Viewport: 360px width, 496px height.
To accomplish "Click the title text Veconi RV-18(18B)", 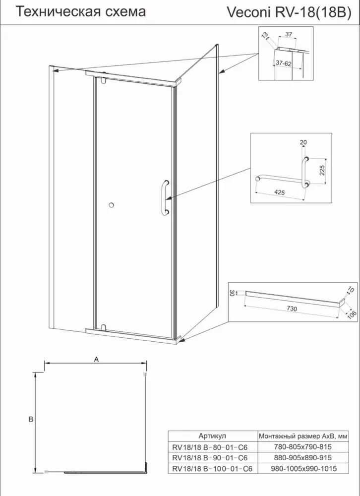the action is coord(289,13).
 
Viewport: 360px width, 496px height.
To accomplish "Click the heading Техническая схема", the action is coord(81,12).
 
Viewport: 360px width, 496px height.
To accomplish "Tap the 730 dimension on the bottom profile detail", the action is coord(291,309).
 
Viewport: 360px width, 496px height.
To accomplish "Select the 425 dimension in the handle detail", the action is coord(279,192).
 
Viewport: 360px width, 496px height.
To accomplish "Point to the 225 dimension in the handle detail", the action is coord(322,170).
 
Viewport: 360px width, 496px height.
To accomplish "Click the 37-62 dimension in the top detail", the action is coord(284,63).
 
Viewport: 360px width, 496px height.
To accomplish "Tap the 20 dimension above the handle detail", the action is coord(303,143).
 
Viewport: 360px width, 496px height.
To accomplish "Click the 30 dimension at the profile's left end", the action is coord(231,293).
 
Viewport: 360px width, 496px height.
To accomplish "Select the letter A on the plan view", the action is coord(97,359).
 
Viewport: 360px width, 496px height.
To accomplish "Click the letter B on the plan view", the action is coord(31,420).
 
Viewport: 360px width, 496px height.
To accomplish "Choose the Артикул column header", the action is coord(212,436).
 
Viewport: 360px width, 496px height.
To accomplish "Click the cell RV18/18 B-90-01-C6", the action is coord(210,458).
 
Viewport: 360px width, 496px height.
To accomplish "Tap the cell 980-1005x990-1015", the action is coord(303,469).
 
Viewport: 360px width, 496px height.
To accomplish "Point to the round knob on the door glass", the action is coord(111,205).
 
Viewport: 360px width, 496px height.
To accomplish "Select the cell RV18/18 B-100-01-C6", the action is coord(212,469).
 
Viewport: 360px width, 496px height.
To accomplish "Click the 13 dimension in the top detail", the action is coord(265,35).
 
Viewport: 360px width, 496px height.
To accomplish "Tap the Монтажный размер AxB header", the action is coord(303,436).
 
